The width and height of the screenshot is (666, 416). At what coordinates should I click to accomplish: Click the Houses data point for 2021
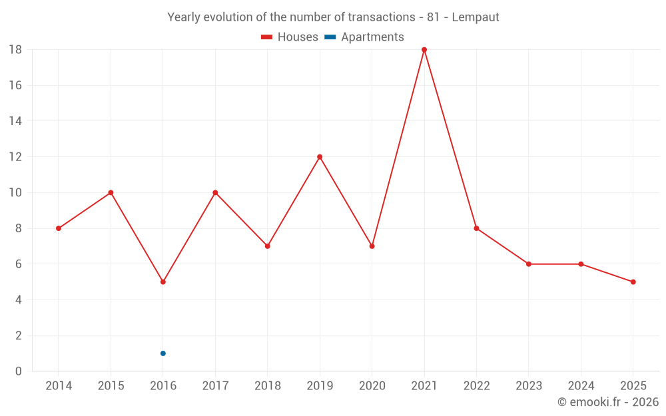[424, 50]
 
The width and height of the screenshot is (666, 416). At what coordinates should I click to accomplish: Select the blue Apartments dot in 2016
[163, 353]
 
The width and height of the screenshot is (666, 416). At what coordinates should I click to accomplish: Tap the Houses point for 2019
[320, 157]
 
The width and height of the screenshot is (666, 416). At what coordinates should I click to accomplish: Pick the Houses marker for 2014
[59, 228]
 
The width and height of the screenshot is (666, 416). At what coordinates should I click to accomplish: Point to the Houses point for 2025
[633, 282]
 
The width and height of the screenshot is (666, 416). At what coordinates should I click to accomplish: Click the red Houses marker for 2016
[163, 282]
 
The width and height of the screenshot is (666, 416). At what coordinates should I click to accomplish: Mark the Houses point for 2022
[476, 228]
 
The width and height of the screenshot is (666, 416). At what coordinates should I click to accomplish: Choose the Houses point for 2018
[268, 246]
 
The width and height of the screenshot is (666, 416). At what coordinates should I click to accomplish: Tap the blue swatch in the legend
[330, 37]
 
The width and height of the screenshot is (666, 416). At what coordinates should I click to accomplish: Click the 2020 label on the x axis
[372, 386]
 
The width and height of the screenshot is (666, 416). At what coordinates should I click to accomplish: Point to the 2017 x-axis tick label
[215, 386]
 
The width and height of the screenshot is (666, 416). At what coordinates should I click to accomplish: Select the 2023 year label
[529, 386]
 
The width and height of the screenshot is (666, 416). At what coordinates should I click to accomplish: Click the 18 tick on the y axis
[15, 50]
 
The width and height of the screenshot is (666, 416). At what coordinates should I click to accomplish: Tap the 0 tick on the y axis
[19, 371]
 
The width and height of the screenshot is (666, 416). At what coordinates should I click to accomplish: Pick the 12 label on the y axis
[15, 157]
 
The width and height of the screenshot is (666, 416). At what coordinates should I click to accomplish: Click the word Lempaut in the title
[476, 17]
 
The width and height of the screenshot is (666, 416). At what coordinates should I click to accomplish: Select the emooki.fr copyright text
[608, 402]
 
